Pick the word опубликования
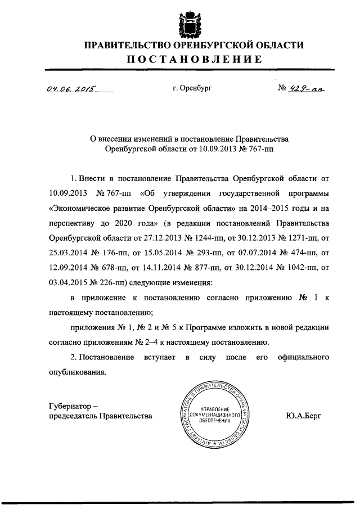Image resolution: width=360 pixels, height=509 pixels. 78,372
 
